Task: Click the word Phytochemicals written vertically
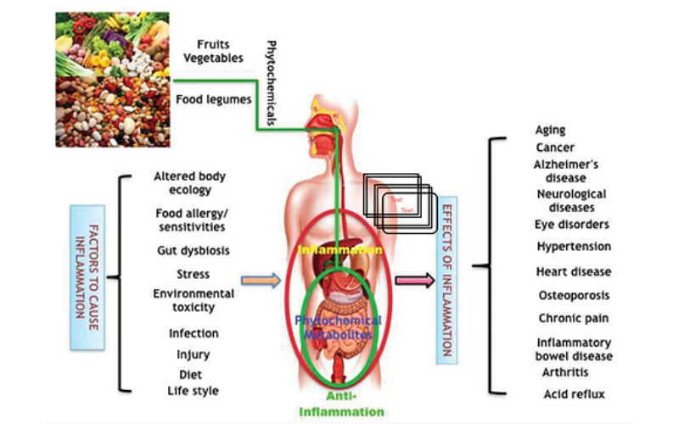(272, 83)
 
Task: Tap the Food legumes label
(213, 99)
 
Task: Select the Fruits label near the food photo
(214, 44)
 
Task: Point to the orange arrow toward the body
(261, 279)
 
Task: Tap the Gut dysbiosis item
(193, 251)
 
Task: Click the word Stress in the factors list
(194, 275)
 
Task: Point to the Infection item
(194, 333)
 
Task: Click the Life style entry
(193, 390)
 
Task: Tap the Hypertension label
(573, 246)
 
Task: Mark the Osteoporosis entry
(573, 295)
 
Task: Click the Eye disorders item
(570, 224)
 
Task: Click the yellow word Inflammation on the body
(338, 252)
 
